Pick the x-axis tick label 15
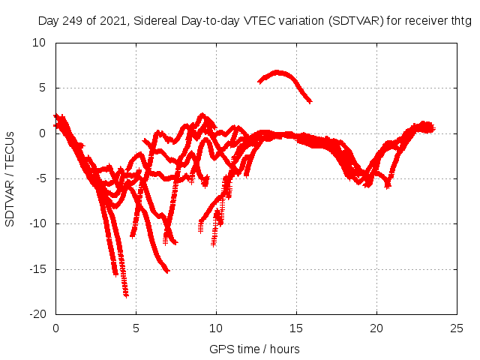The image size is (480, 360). (x=296, y=328)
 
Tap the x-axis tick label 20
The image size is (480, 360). (x=376, y=328)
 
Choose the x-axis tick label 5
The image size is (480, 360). (x=136, y=328)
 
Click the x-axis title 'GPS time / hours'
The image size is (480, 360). (x=254, y=349)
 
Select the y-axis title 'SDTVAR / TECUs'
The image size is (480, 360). (x=10, y=178)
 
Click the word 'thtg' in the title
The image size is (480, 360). (x=460, y=22)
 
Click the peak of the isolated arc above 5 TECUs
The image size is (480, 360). (x=278, y=72)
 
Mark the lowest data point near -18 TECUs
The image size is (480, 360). (x=126, y=295)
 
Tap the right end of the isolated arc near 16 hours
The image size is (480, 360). (x=310, y=100)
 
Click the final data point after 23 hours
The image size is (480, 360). (x=433, y=128)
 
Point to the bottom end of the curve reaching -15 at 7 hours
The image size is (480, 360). (x=166, y=271)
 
